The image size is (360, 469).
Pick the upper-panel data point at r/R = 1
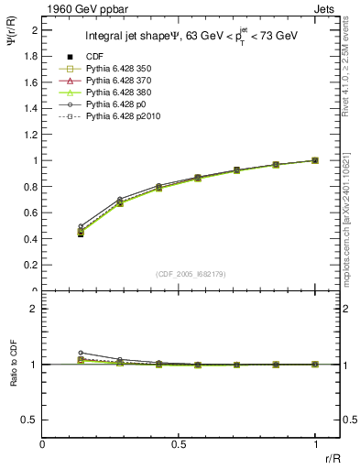pyautogui.click(x=315, y=160)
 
